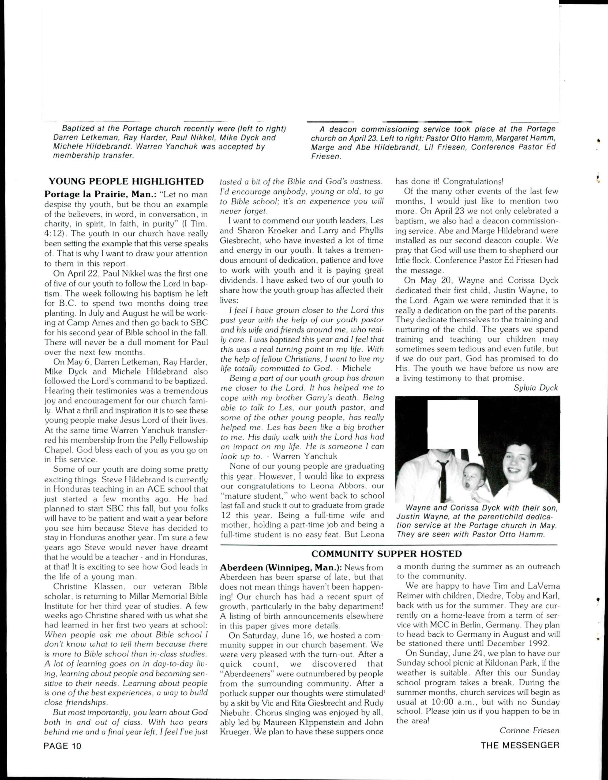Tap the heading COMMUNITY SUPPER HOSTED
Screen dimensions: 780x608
coord(387,554)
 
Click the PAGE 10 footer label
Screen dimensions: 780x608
coord(63,746)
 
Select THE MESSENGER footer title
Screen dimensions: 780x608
coord(520,745)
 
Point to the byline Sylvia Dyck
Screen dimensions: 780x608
coord(536,388)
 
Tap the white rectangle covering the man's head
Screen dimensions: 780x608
coord(453,424)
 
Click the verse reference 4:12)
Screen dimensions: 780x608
coord(56,234)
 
